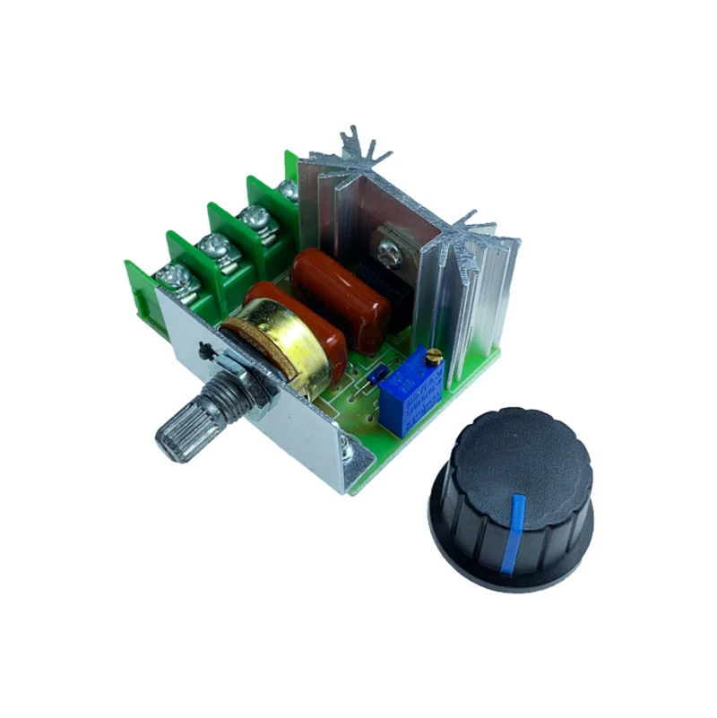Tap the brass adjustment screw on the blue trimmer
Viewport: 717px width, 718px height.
(x=435, y=358)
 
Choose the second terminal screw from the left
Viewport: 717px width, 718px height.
(x=216, y=248)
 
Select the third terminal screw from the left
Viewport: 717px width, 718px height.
(x=255, y=218)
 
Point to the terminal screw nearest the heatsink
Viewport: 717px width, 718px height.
(x=289, y=190)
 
